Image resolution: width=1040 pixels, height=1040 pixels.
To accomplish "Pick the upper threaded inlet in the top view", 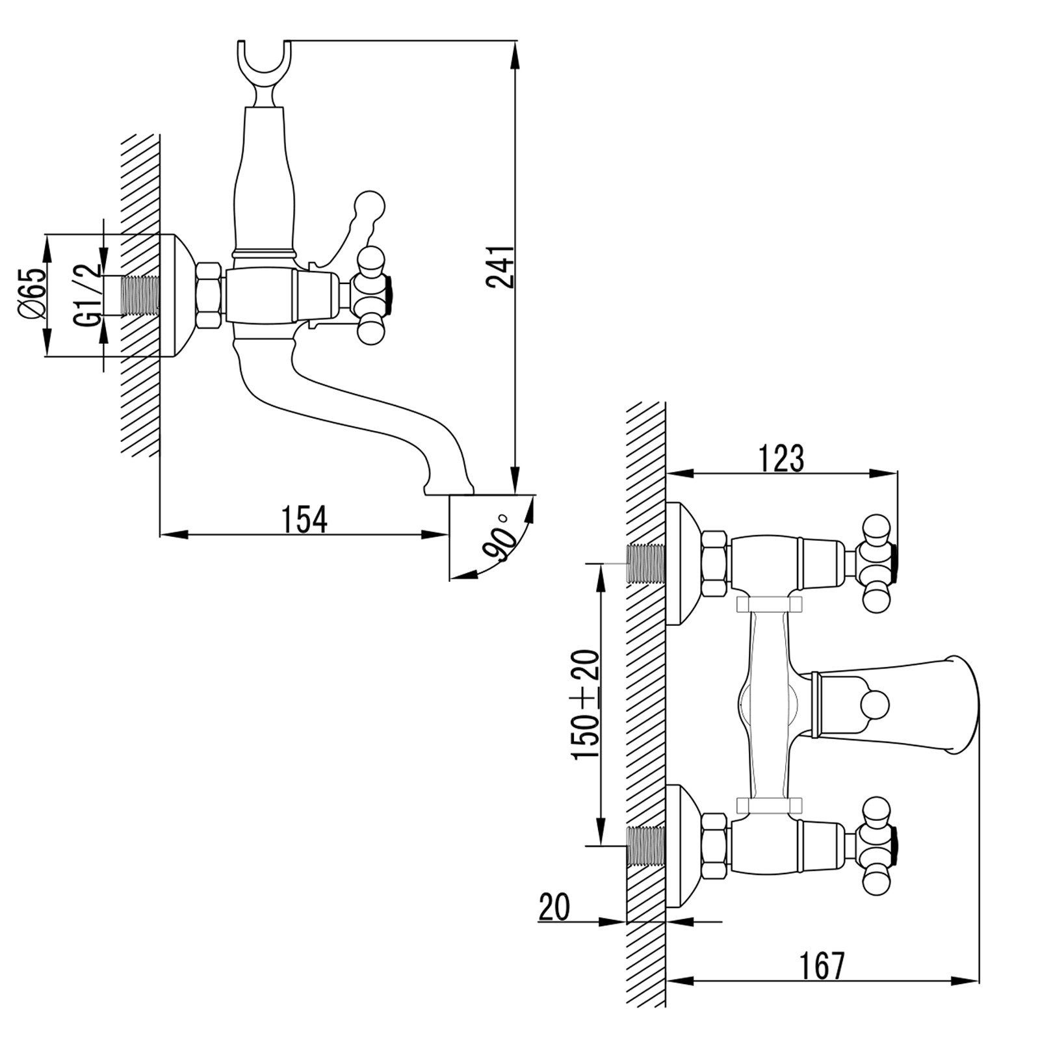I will tap(645, 563).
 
